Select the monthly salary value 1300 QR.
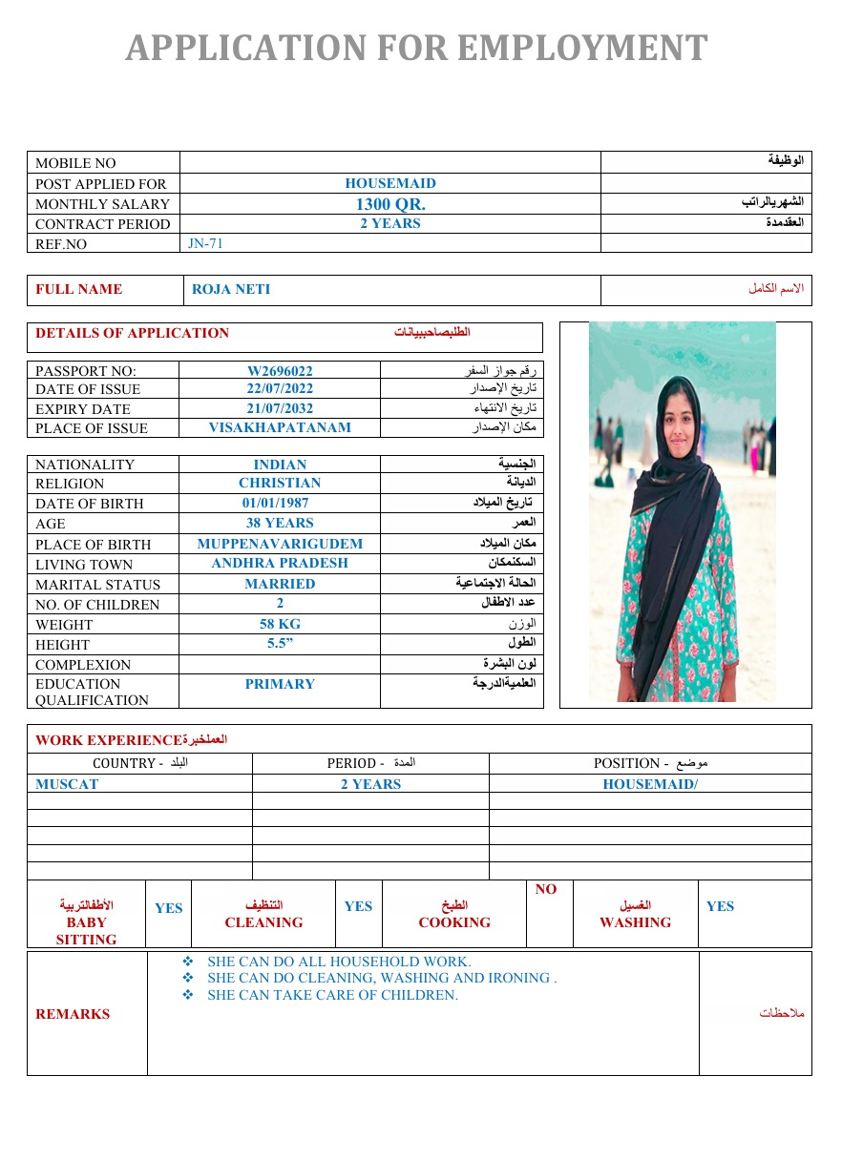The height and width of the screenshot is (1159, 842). pos(390,204)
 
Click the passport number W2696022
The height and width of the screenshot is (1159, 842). pos(280,370)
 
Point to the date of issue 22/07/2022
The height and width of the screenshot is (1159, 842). pos(280,389)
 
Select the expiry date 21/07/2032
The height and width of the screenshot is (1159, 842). pos(280,408)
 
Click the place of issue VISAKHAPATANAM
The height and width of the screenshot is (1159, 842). pos(280,428)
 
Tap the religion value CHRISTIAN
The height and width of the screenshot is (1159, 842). pos(280,484)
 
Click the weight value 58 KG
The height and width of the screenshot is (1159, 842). pos(280,624)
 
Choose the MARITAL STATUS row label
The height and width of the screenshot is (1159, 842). pos(97,585)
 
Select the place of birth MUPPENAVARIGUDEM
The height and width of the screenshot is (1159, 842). pos(280,544)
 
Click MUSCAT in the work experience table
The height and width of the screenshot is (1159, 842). pos(67,784)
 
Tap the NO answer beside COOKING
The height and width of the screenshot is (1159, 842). pos(546,889)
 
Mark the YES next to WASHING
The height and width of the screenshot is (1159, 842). pos(720,906)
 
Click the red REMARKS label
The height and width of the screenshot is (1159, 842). pos(73,1014)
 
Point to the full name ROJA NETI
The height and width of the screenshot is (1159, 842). pos(231,290)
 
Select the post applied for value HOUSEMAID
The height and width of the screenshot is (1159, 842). pos(390,183)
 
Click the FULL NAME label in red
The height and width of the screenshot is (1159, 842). pos(78,289)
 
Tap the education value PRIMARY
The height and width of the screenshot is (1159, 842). pos(280,684)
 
